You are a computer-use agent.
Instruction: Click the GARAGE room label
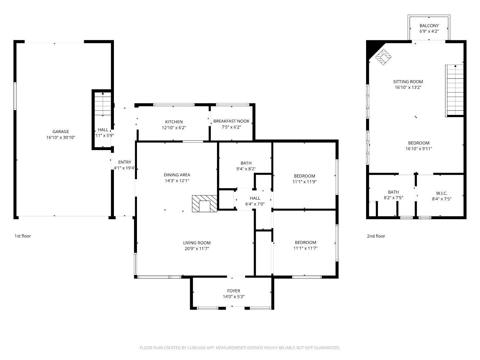(x=61, y=132)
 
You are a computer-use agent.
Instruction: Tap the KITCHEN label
(x=174, y=122)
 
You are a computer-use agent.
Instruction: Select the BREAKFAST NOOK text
(x=231, y=121)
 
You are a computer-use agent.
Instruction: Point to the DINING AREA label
(x=177, y=175)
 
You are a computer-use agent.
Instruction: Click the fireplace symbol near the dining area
(x=204, y=204)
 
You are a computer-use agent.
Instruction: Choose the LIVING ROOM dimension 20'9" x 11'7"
(x=196, y=249)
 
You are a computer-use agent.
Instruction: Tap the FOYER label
(x=234, y=291)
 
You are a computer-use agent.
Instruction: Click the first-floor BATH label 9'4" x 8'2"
(x=246, y=163)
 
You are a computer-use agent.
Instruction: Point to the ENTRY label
(x=124, y=162)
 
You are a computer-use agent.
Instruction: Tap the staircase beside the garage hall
(x=103, y=104)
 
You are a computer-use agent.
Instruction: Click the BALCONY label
(x=429, y=26)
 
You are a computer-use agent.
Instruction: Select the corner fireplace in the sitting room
(x=383, y=57)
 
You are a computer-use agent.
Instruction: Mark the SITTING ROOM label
(x=408, y=82)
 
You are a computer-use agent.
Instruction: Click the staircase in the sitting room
(x=455, y=90)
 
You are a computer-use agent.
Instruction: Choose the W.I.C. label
(x=442, y=193)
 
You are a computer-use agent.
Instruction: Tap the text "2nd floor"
(x=376, y=236)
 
